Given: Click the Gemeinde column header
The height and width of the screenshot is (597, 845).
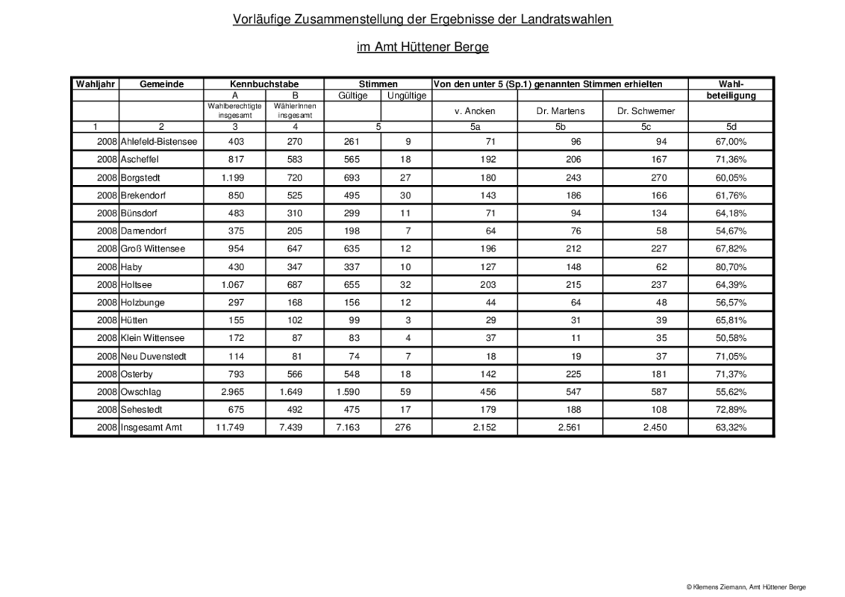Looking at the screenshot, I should click(161, 84).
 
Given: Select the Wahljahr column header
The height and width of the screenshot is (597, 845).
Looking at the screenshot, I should click(95, 84).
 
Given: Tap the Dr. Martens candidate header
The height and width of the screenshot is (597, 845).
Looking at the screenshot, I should click(560, 111).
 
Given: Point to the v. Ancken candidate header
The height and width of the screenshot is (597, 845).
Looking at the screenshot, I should click(475, 111).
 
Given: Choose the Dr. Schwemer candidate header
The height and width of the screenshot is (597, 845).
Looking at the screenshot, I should click(646, 111).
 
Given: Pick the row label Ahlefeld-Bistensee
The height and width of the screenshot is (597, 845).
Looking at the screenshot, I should click(158, 142).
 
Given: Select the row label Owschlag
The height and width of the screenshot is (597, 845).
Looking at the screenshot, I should click(140, 392).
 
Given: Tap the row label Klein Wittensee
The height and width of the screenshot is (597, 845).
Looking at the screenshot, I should click(151, 338).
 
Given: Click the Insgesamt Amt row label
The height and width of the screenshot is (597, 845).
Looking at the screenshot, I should click(151, 428).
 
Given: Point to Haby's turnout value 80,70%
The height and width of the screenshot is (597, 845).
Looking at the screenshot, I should click(731, 266).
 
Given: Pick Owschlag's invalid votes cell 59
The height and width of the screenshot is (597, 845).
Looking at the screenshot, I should click(408, 392).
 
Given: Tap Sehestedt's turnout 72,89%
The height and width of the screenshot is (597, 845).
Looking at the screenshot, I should click(731, 410).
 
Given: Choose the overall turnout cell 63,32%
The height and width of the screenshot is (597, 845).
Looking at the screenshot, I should click(731, 428).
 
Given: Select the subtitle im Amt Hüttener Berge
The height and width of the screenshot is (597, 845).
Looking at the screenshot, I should click(422, 47).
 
